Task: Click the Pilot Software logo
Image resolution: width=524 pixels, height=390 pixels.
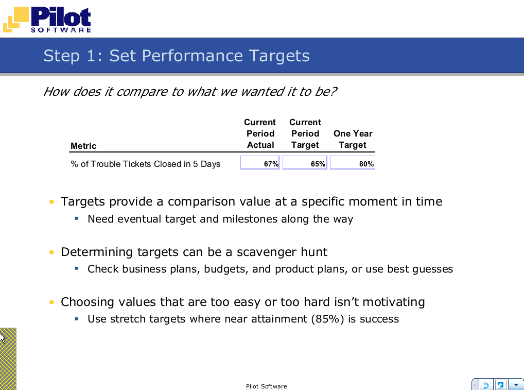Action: coord(47,20)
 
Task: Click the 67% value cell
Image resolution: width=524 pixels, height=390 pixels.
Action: coord(259,163)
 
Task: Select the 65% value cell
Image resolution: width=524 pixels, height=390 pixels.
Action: coord(305,163)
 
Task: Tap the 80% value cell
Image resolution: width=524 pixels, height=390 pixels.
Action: coord(353,163)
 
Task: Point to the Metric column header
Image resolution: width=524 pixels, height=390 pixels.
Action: coord(83,146)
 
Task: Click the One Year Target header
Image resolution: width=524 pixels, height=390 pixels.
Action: coord(353,139)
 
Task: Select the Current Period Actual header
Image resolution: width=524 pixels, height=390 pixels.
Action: coord(260,133)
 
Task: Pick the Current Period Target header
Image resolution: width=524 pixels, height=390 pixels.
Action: coord(305,133)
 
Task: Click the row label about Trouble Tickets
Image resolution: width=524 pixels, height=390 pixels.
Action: coord(145,164)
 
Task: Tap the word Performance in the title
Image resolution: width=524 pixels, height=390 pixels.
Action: coord(192,56)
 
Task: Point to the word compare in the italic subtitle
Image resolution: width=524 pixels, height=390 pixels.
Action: coord(142,92)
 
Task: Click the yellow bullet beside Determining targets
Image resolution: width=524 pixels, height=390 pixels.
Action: coord(51,252)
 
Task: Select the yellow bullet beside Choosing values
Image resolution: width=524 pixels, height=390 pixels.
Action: coord(51,302)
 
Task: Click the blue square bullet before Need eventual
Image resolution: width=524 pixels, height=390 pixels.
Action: coord(77,219)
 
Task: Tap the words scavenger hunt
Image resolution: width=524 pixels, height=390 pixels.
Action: coord(282,252)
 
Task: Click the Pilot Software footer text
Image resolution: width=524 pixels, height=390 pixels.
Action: coord(266,386)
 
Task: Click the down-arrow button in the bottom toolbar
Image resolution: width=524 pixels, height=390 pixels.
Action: coord(516,385)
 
